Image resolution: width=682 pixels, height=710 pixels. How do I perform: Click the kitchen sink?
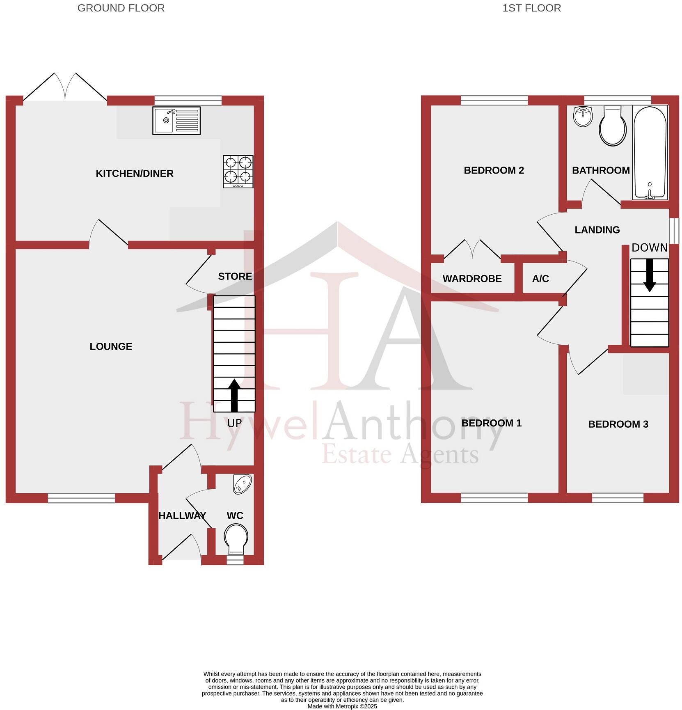[176, 120]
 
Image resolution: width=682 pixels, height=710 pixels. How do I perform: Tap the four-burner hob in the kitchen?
[238, 171]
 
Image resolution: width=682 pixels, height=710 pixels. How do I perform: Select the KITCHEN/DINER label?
[135, 174]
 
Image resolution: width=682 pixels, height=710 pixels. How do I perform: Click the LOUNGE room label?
[111, 346]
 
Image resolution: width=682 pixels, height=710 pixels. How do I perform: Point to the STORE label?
[235, 276]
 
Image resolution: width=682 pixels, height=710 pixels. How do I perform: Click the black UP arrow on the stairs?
[234, 395]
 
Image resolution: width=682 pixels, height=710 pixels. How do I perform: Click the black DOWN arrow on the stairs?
[649, 275]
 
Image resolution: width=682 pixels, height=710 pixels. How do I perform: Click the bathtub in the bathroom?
[650, 152]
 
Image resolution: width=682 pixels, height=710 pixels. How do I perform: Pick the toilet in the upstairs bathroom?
[613, 126]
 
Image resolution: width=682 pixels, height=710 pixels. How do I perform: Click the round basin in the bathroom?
[583, 117]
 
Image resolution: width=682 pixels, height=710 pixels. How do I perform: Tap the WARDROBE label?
[472, 279]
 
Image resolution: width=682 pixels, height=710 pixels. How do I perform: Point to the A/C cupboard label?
[540, 279]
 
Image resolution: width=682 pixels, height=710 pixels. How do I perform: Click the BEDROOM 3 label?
[618, 424]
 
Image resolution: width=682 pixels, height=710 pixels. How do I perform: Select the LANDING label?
[597, 230]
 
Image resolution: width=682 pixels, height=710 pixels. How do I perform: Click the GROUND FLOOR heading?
[121, 8]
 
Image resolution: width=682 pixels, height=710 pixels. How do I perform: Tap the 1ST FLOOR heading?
[531, 8]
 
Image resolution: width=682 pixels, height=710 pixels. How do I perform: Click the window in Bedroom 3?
[618, 498]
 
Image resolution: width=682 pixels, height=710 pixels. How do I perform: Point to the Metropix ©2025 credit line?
[342, 706]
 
